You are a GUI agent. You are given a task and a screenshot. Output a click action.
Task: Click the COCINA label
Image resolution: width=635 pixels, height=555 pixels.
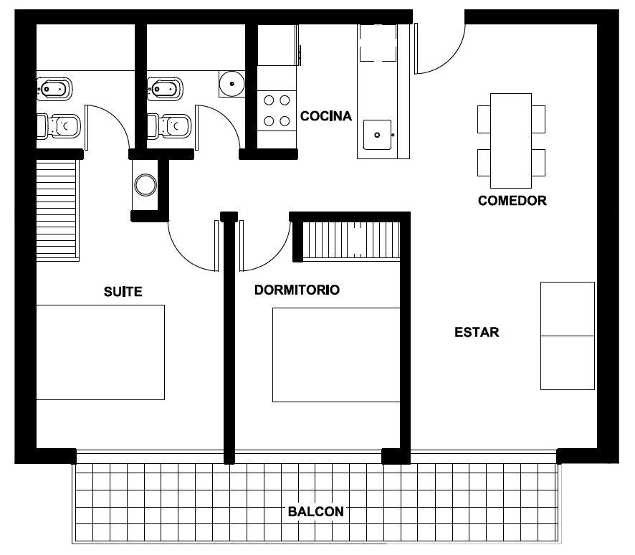click(325, 116)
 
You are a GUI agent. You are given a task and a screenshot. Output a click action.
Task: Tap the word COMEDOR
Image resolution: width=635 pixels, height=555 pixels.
click(512, 201)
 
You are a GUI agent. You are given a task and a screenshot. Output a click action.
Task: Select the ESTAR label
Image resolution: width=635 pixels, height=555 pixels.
click(477, 332)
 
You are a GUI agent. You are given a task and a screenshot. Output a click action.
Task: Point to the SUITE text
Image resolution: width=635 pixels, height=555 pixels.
click(123, 292)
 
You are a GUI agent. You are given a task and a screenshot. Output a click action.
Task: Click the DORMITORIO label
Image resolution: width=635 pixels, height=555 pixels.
click(297, 290)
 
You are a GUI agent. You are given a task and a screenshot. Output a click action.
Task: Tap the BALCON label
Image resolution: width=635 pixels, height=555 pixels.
click(316, 512)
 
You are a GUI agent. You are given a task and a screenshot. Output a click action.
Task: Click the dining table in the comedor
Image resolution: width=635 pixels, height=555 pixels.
click(511, 141)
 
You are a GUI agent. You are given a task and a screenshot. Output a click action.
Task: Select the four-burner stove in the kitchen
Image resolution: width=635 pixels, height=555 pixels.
click(277, 110)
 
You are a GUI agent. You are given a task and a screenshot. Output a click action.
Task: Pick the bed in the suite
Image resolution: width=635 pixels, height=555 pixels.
click(100, 353)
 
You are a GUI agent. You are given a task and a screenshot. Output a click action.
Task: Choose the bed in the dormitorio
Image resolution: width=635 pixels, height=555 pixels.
click(336, 355)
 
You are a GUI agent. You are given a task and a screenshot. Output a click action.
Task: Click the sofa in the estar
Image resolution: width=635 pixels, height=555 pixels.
click(568, 336)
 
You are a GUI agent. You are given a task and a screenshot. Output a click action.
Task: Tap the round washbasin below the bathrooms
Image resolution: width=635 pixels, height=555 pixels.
click(145, 185)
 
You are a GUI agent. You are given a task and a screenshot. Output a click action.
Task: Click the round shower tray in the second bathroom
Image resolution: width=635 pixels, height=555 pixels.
click(232, 84)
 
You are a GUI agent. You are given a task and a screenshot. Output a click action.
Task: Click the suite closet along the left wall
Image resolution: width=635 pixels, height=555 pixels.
click(57, 209)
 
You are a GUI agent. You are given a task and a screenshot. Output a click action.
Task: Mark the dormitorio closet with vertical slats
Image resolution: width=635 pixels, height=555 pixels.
click(351, 239)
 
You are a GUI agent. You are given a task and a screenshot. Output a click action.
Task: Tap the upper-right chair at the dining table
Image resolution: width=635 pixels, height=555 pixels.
click(539, 119)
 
